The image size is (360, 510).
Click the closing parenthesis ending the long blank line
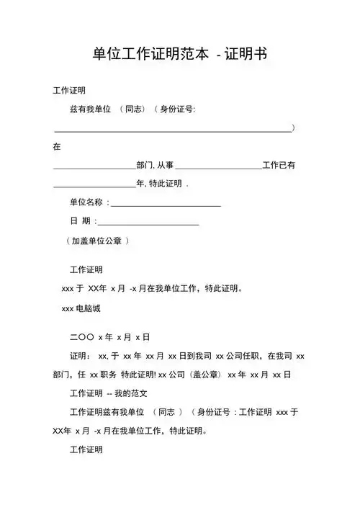pyautogui.click(x=294, y=127)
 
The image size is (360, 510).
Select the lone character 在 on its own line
pyautogui.click(x=58, y=146)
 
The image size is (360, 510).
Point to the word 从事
pyautogui.click(x=166, y=165)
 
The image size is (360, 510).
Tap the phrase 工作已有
pyautogui.click(x=279, y=165)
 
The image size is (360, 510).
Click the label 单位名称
pyautogui.click(x=86, y=203)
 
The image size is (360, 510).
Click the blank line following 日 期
pyautogui.click(x=148, y=225)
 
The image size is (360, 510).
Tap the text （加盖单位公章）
pyautogui.click(x=97, y=241)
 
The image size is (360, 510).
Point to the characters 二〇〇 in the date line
pyautogui.click(x=81, y=336)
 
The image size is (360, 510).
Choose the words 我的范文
pyautogui.click(x=132, y=394)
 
